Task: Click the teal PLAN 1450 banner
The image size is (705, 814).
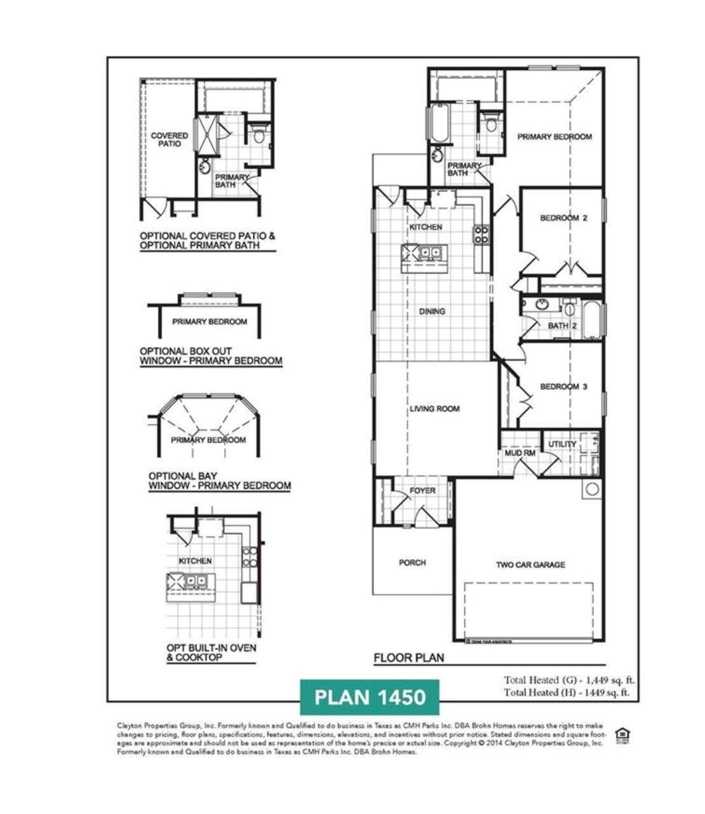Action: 370,697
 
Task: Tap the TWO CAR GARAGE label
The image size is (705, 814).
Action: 530,565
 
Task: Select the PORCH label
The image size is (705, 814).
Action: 412,563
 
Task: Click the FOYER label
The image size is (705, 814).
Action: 422,490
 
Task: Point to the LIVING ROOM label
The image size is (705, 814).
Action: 434,409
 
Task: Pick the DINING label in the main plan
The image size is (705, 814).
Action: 432,312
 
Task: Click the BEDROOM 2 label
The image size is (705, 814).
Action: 563,218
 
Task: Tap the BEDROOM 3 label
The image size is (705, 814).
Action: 563,387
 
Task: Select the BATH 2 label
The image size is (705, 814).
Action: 562,326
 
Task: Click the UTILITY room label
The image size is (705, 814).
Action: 562,444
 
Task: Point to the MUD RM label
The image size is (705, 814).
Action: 520,453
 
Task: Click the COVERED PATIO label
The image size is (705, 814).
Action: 170,140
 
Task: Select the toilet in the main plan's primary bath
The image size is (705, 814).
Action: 491,123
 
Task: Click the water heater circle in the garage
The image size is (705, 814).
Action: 592,489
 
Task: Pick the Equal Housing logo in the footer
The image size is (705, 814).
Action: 622,736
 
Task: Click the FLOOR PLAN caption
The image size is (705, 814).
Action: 408,658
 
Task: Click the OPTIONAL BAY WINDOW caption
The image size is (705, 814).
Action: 219,481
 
